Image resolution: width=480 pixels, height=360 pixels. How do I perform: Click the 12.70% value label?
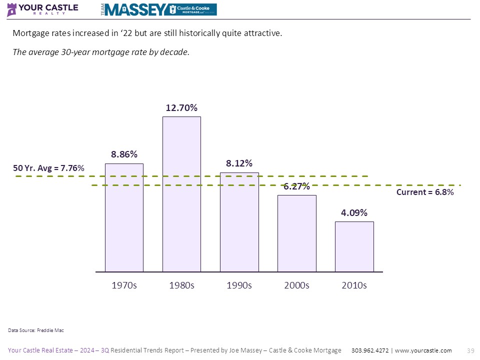(181, 107)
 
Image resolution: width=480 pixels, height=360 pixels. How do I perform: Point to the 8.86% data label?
(124, 154)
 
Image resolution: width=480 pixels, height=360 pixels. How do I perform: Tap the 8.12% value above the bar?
(239, 163)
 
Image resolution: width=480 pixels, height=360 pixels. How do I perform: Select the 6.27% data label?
(297, 187)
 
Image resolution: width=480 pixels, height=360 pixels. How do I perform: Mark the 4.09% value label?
(354, 212)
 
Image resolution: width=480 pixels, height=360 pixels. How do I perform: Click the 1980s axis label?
(181, 285)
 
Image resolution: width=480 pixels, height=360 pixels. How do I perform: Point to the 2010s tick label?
(354, 285)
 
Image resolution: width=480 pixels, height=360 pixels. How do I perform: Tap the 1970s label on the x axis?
(124, 285)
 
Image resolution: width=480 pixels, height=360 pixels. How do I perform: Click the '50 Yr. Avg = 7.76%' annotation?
(48, 169)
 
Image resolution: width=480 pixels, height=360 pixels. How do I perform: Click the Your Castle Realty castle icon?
(11, 9)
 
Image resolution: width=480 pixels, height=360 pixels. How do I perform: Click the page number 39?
(469, 350)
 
